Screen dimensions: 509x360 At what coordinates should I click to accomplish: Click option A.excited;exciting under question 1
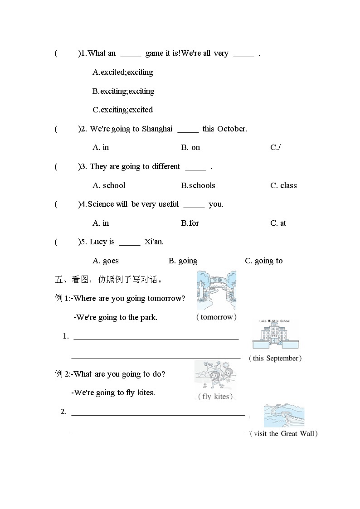click(122, 72)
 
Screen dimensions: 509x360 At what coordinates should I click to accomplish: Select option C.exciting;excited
click(122, 110)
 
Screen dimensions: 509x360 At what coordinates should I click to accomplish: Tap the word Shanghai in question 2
click(157, 129)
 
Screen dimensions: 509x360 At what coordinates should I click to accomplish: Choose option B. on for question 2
click(190, 147)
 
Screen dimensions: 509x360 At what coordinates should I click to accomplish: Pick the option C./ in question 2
click(275, 147)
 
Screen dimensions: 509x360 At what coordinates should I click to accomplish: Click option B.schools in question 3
click(198, 185)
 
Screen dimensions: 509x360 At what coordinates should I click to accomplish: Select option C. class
click(283, 185)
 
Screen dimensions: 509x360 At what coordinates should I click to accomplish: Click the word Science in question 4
click(101, 204)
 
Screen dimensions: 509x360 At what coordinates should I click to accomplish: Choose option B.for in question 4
click(190, 223)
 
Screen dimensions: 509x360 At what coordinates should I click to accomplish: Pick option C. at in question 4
click(278, 223)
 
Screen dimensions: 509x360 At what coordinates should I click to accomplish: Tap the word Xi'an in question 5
click(154, 242)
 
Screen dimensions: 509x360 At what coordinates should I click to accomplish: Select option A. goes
click(106, 261)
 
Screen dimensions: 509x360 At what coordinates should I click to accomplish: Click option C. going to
click(263, 261)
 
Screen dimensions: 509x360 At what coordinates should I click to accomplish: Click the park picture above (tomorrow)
click(216, 290)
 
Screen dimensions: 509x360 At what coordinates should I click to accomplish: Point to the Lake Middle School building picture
click(276, 334)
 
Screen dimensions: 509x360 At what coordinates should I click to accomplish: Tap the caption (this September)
click(275, 358)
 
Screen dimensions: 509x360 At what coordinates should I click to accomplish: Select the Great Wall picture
click(284, 415)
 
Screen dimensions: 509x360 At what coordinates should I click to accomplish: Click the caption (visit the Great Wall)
click(284, 434)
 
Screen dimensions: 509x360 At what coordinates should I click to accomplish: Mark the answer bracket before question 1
click(67, 53)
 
